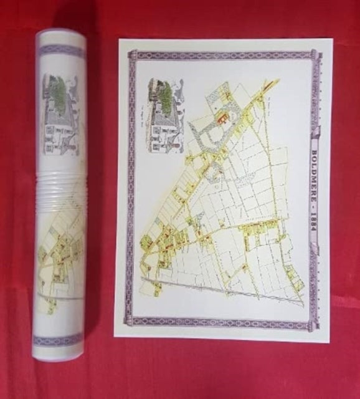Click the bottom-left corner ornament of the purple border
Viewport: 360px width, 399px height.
130,320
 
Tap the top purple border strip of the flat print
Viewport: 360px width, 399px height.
224,55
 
